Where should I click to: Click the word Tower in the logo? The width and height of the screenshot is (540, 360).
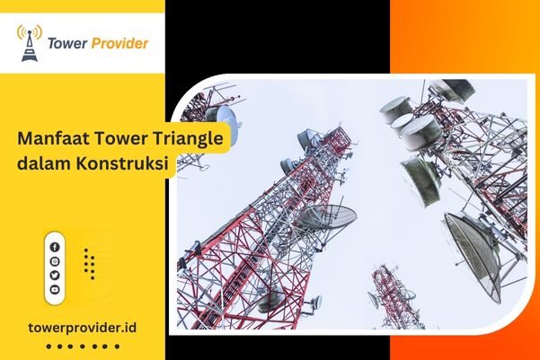click(x=74, y=43)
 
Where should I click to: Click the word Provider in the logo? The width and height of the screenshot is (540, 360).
click(x=121, y=43)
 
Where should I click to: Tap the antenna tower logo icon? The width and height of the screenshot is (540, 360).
click(x=30, y=43)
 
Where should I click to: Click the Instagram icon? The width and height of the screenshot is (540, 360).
click(x=55, y=261)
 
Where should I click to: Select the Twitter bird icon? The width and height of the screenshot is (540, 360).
click(x=55, y=276)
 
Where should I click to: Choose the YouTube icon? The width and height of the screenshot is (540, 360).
click(x=55, y=290)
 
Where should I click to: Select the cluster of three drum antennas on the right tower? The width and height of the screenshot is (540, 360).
click(x=410, y=126)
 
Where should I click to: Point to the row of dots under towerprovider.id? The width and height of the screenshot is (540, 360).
click(x=82, y=346)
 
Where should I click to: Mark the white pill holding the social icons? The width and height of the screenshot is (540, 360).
click(x=55, y=268)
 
